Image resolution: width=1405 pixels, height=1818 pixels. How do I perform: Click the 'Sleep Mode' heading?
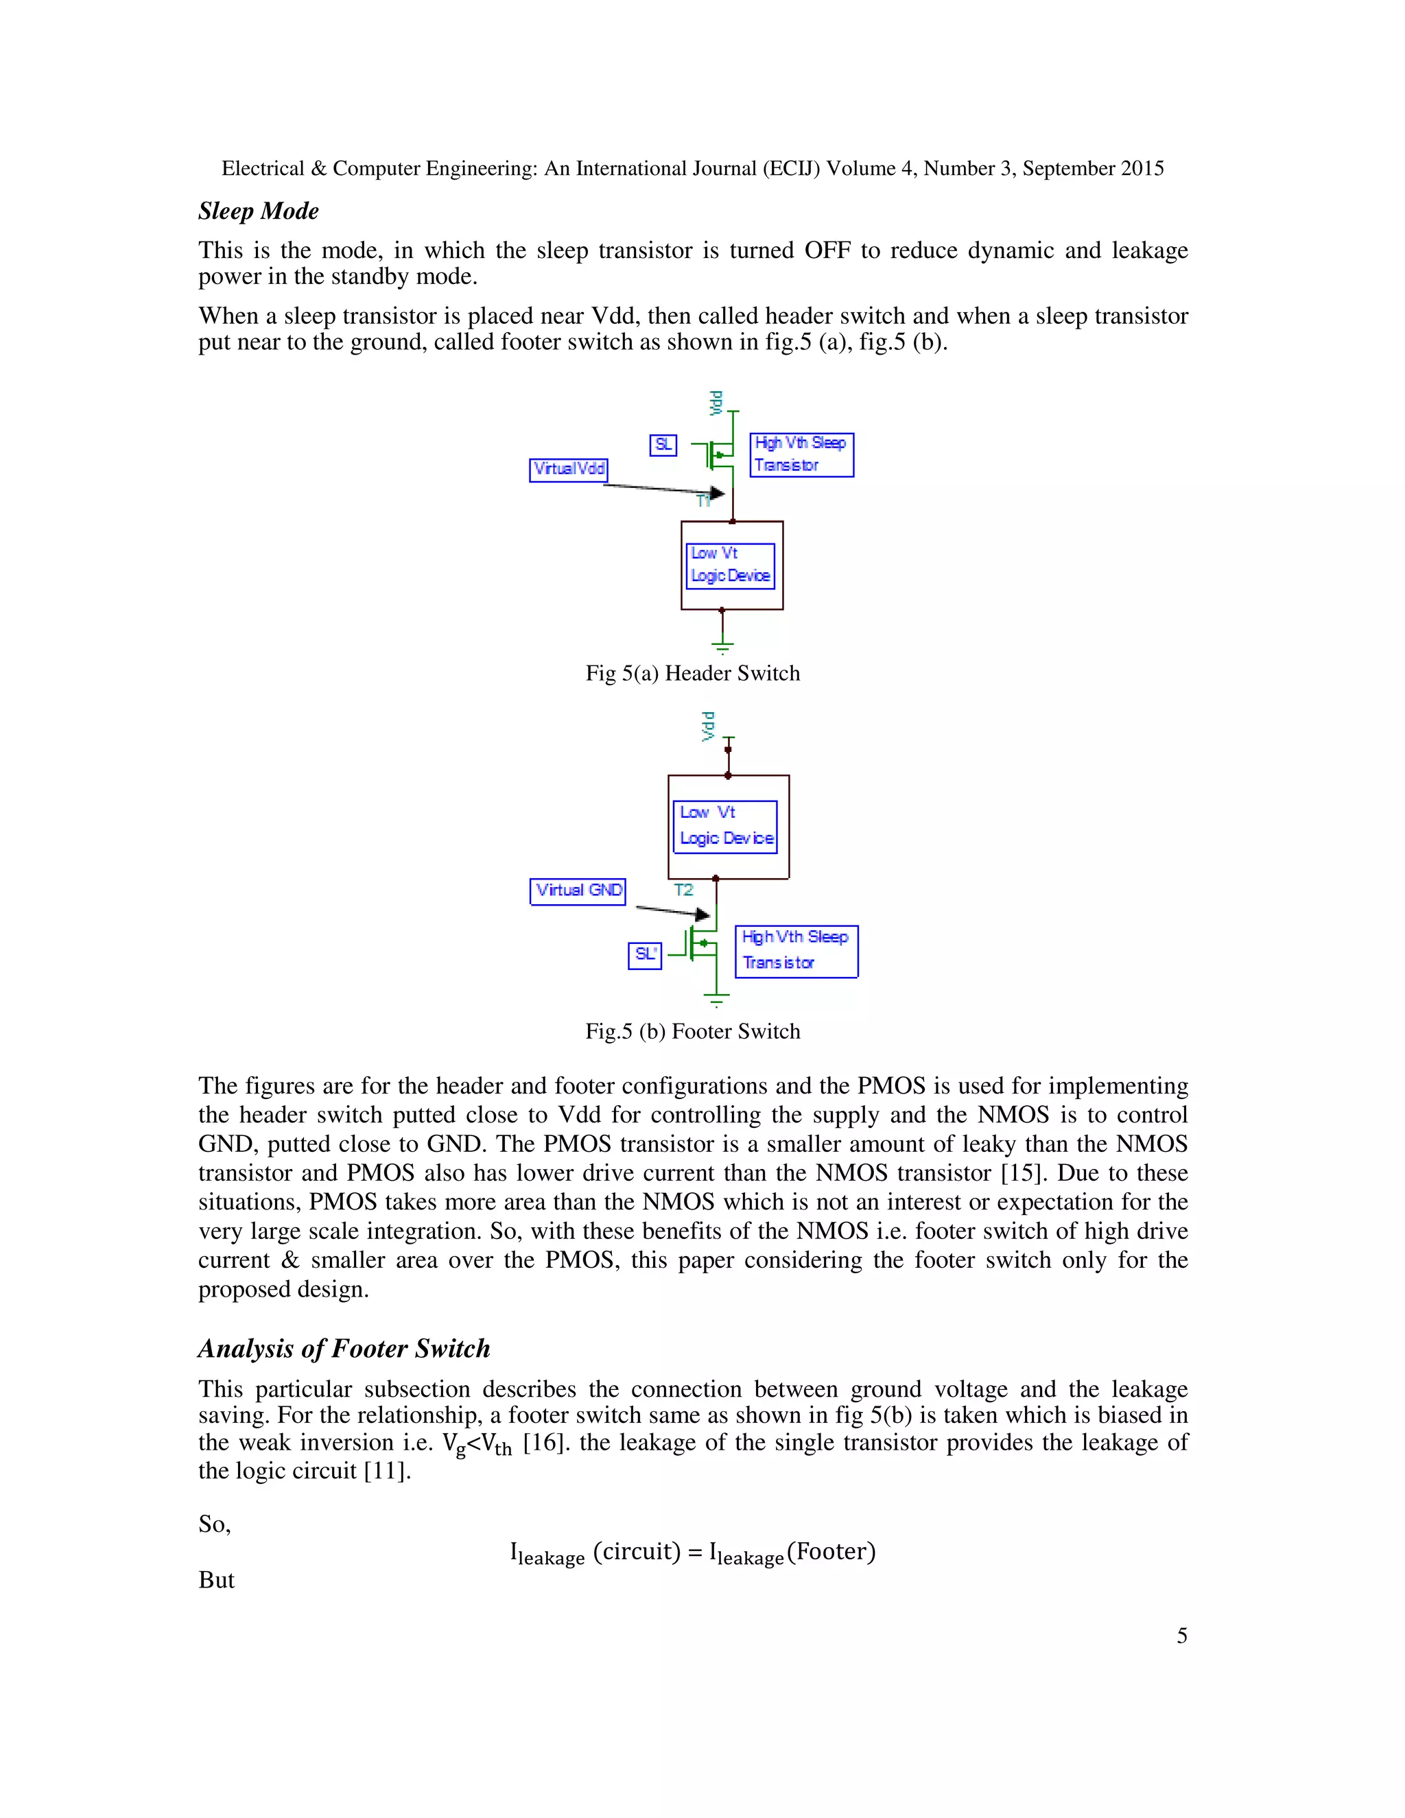pyautogui.click(x=258, y=211)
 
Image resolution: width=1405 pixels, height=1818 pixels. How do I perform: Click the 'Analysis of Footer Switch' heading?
pyautogui.click(x=344, y=1349)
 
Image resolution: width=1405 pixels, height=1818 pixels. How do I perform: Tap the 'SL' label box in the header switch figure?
pyautogui.click(x=663, y=445)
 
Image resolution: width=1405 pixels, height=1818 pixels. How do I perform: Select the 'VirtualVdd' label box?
pyautogui.click(x=569, y=469)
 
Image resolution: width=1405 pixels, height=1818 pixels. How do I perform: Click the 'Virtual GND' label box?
pyautogui.click(x=578, y=890)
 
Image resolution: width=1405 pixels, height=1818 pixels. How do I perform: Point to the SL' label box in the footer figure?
pyautogui.click(x=644, y=955)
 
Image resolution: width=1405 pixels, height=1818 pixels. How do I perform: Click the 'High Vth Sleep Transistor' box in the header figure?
pyautogui.click(x=801, y=454)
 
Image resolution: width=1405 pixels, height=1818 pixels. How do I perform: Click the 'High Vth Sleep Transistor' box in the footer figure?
pyautogui.click(x=796, y=951)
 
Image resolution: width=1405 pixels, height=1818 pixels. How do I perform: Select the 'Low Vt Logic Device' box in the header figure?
pyautogui.click(x=731, y=565)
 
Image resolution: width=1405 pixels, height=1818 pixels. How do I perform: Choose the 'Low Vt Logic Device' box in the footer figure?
pyautogui.click(x=726, y=826)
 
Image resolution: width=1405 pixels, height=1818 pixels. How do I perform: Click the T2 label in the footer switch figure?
pyautogui.click(x=683, y=890)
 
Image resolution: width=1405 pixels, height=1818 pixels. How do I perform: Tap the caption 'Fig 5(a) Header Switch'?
pyautogui.click(x=692, y=674)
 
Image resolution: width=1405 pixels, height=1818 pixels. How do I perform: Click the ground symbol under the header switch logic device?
pyautogui.click(x=722, y=645)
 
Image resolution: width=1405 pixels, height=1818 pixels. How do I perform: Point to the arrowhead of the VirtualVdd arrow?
pyautogui.click(x=717, y=493)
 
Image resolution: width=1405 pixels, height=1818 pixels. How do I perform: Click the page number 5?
pyautogui.click(x=1181, y=1636)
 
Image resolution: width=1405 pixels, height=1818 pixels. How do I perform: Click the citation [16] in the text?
pyautogui.click(x=543, y=1443)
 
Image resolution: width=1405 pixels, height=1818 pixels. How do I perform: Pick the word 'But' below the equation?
pyautogui.click(x=216, y=1580)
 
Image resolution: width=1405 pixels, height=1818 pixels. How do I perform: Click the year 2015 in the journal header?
pyautogui.click(x=1142, y=169)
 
